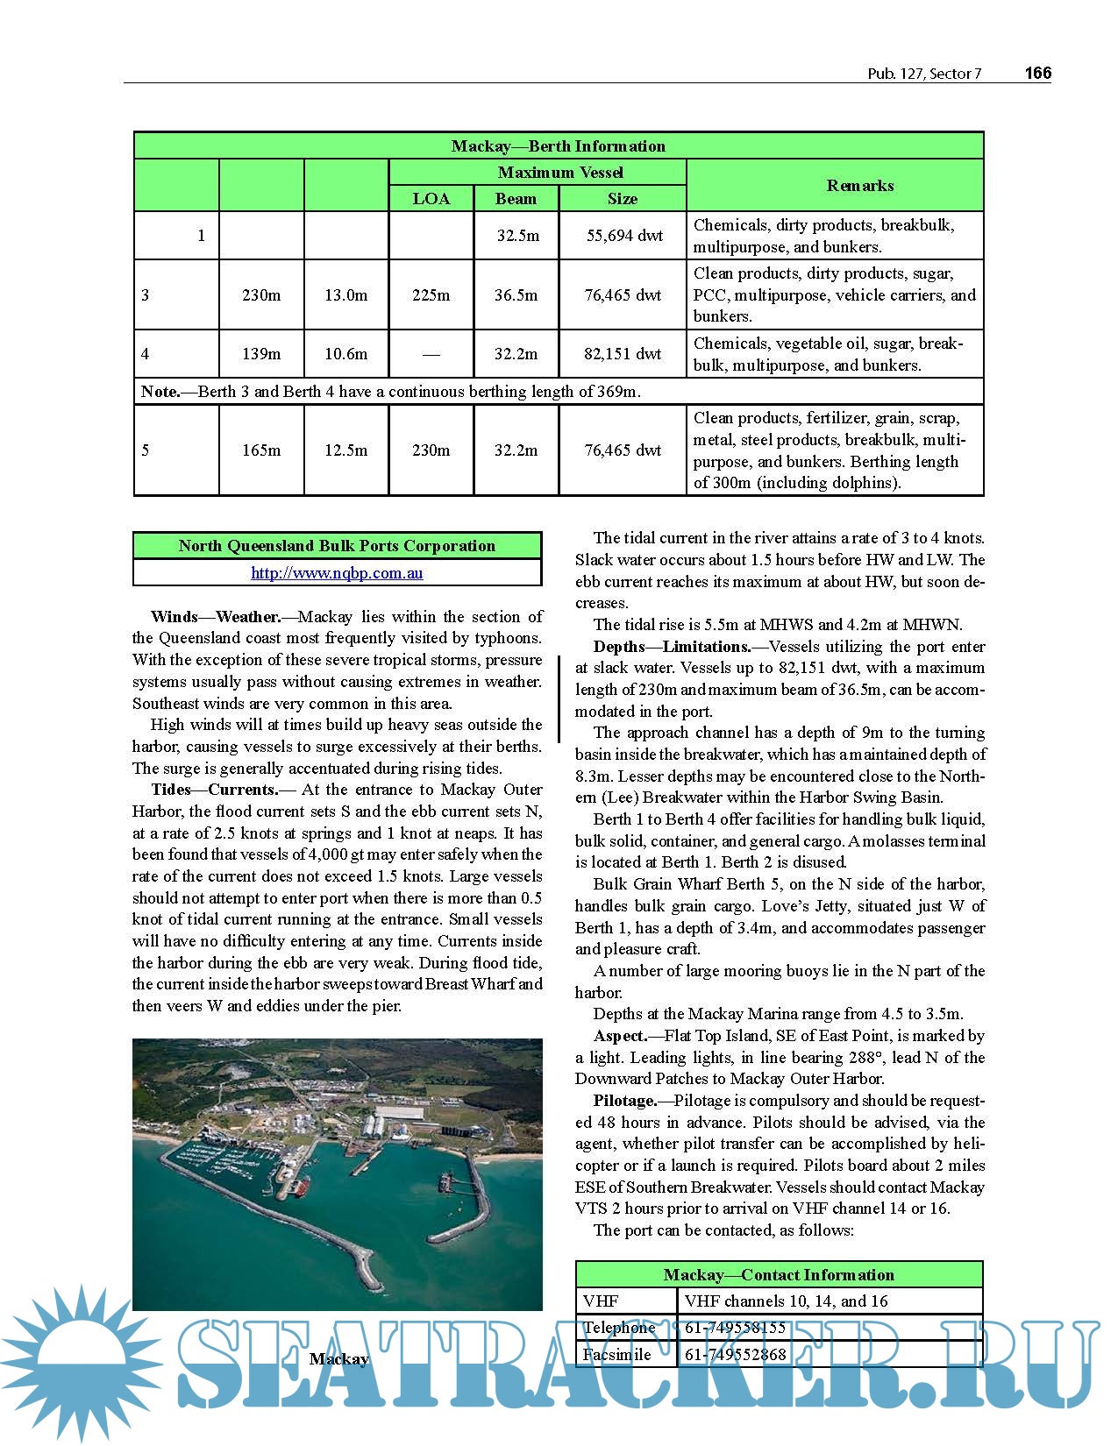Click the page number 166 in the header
point(1037,74)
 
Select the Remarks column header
point(859,186)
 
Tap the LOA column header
point(431,199)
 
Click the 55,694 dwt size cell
point(623,236)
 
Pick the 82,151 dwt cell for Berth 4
point(623,354)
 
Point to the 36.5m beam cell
point(516,295)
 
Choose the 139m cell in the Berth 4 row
point(261,354)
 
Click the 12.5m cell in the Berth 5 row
point(345,450)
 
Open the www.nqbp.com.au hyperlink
point(337,573)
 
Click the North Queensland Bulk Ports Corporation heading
point(337,546)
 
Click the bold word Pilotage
point(624,1101)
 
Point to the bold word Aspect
point(620,1036)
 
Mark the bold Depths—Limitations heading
point(672,647)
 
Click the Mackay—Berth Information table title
point(558,146)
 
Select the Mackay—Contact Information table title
point(779,1275)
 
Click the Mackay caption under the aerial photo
point(338,1359)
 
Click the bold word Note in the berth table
point(160,392)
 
